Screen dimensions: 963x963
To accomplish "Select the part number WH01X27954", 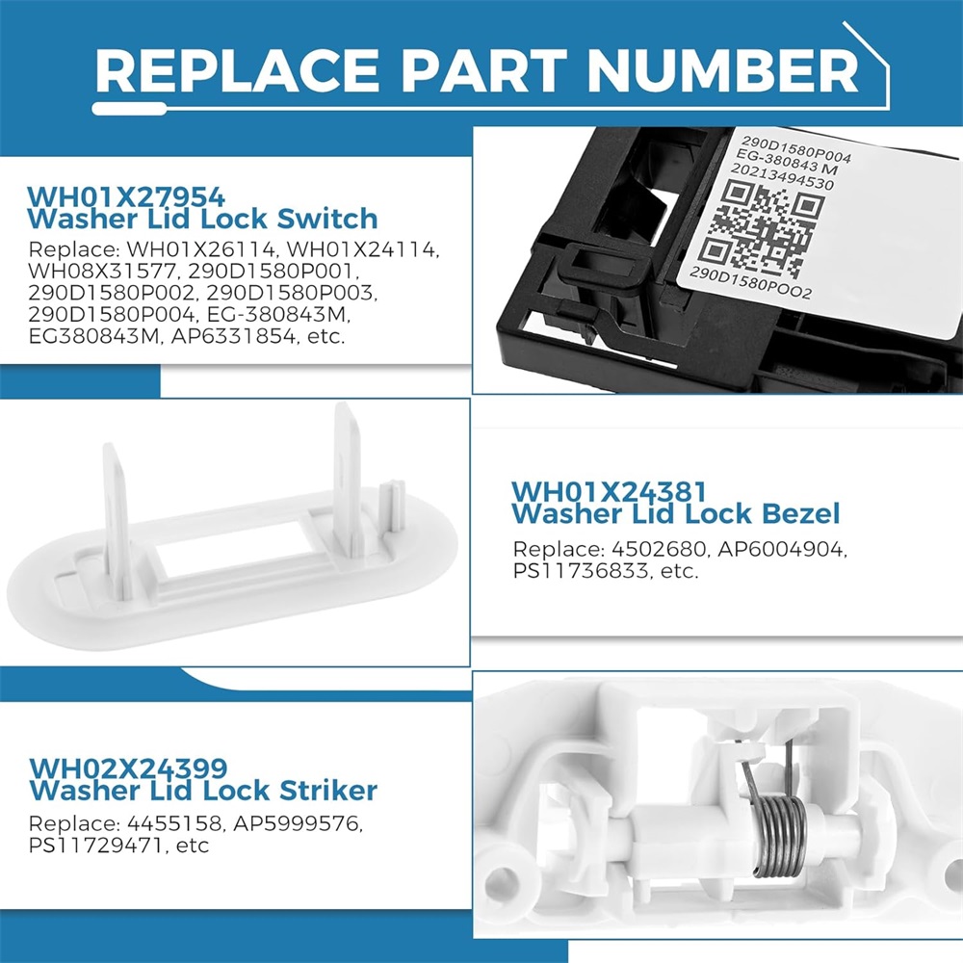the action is coord(126,197).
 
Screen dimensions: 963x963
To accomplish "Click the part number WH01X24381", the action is coord(610,492).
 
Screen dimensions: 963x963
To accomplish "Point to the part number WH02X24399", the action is coord(128,768).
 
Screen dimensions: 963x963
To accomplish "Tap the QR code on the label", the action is coord(763,229).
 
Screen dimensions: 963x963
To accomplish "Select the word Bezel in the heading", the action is coord(801,514).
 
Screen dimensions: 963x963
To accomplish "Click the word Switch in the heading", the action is coord(327,220).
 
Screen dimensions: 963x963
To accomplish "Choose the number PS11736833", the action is coord(580,571).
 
